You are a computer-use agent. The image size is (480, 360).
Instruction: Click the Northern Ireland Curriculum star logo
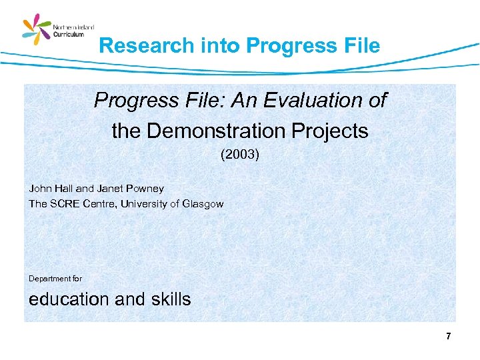click(x=37, y=31)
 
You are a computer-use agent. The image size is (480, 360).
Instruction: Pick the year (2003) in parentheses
click(x=240, y=155)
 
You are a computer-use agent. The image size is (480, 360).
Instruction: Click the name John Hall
click(x=51, y=189)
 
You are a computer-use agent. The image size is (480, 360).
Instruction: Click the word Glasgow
click(x=202, y=204)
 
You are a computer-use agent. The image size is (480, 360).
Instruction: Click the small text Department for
click(x=55, y=278)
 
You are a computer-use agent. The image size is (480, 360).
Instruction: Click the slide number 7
click(x=449, y=337)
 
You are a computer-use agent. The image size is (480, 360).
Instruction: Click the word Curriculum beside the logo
click(x=69, y=35)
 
